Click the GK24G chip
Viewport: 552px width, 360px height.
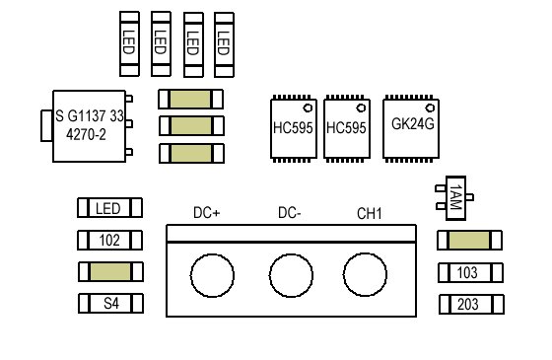coord(411,128)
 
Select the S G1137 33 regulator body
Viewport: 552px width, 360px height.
coord(89,126)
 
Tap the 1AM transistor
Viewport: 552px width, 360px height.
coord(455,198)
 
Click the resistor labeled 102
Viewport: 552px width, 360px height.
coord(109,241)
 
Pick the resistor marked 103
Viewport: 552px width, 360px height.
coord(470,272)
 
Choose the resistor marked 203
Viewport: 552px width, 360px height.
coord(471,305)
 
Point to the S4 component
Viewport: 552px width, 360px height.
coord(110,304)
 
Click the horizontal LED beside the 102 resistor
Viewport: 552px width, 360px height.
coord(109,208)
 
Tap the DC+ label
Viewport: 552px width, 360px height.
coord(207,213)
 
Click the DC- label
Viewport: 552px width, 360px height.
coord(290,213)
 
